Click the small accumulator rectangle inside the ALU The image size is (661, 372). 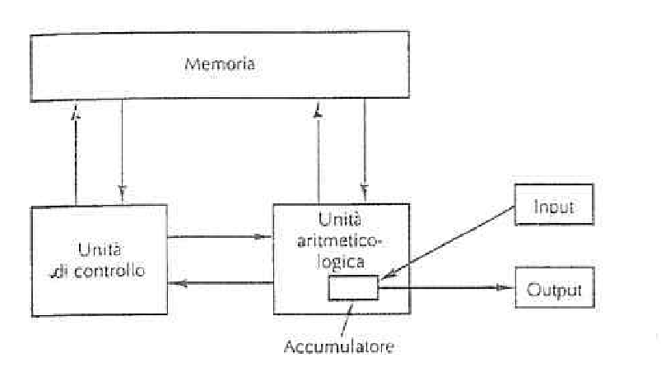354,288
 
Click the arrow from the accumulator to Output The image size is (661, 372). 445,287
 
